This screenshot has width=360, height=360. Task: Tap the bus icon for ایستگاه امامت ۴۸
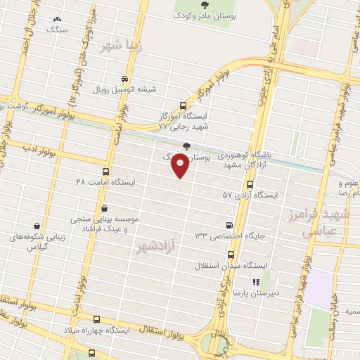106,172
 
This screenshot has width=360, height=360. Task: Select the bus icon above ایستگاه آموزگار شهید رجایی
184,104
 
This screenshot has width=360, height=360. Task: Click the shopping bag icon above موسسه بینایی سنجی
105,208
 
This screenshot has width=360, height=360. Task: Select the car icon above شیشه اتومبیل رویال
124,79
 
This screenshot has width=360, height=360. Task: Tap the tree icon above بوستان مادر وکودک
214,5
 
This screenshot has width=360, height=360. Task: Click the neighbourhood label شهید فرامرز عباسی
326,222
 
